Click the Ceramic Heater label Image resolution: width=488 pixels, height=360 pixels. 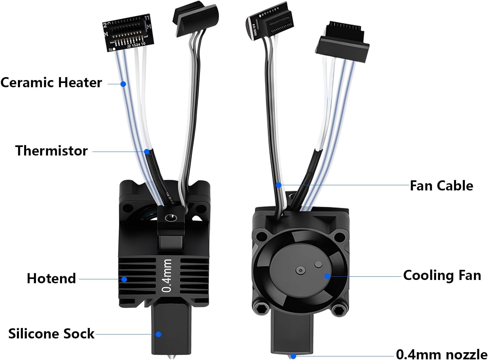pos(51,83)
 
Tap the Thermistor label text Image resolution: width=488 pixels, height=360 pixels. pos(51,151)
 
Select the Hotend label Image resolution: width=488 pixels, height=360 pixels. pos(51,279)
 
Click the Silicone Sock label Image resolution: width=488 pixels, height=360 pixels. pos(51,334)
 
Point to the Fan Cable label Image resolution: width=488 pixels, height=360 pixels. pos(441,186)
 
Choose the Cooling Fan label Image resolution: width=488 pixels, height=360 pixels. pos(442,275)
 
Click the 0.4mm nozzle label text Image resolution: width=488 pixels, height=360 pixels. pos(441,354)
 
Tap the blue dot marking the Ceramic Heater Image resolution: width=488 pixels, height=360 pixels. pos(123,84)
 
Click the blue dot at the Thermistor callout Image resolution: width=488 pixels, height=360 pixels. pos(147,152)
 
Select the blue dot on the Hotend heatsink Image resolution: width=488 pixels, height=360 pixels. pos(124,279)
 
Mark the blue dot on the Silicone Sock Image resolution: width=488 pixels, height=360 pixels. pos(158,334)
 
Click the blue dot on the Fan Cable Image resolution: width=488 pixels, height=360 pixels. pos(278,185)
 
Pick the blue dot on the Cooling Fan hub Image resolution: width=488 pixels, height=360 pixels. pos(327,276)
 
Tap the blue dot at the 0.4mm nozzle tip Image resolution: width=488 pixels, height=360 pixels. pos(293,356)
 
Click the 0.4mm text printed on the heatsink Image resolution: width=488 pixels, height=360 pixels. pos(167,275)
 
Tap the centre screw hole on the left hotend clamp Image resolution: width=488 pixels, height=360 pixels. pos(170,218)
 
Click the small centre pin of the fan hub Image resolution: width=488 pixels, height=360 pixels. pos(300,270)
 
